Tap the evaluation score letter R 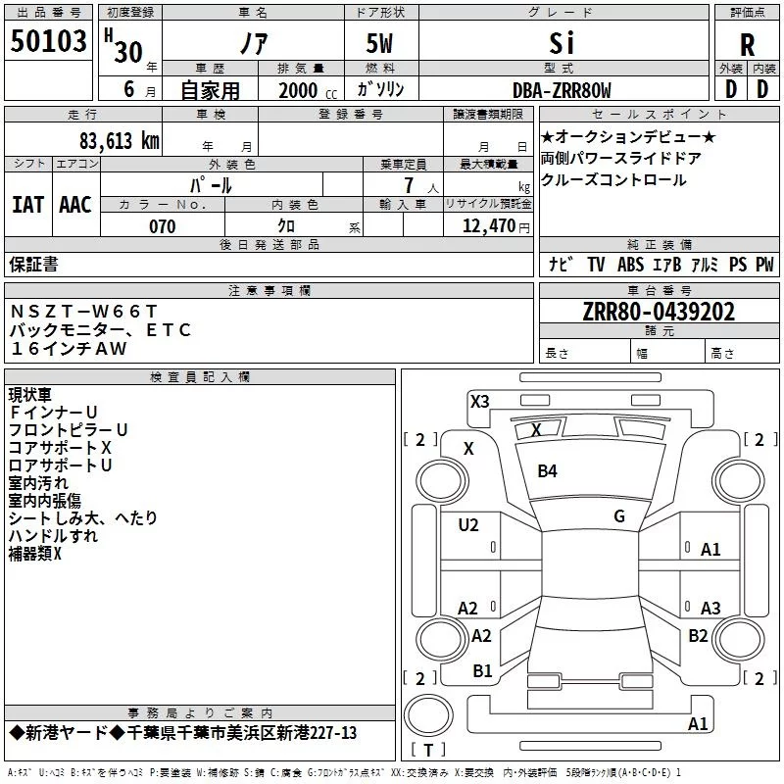click(x=747, y=45)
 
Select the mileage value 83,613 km click(x=119, y=141)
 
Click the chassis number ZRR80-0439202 click(x=658, y=313)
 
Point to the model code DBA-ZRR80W click(x=562, y=91)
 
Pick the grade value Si click(x=562, y=43)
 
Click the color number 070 click(x=162, y=226)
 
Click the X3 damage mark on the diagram click(x=479, y=401)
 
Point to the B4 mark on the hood click(x=547, y=471)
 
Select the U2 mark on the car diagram click(x=468, y=525)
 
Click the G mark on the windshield click(x=619, y=515)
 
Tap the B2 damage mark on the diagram click(x=698, y=635)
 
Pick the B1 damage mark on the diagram click(x=482, y=670)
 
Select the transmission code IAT click(x=27, y=204)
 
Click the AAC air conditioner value click(x=75, y=204)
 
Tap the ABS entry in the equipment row click(x=631, y=265)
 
